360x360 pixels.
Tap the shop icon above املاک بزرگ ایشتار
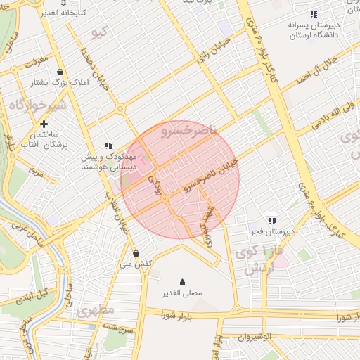click(x=60, y=72)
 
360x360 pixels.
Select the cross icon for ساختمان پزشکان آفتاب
click(x=44, y=123)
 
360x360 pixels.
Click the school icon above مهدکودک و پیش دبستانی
click(x=108, y=145)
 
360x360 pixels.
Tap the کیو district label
click(x=101, y=32)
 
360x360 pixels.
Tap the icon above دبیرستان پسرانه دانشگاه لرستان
click(x=314, y=14)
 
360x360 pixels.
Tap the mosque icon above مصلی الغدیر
click(x=183, y=282)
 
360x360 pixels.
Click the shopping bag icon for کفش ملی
click(x=135, y=253)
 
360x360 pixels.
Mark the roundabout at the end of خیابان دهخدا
click(x=120, y=109)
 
